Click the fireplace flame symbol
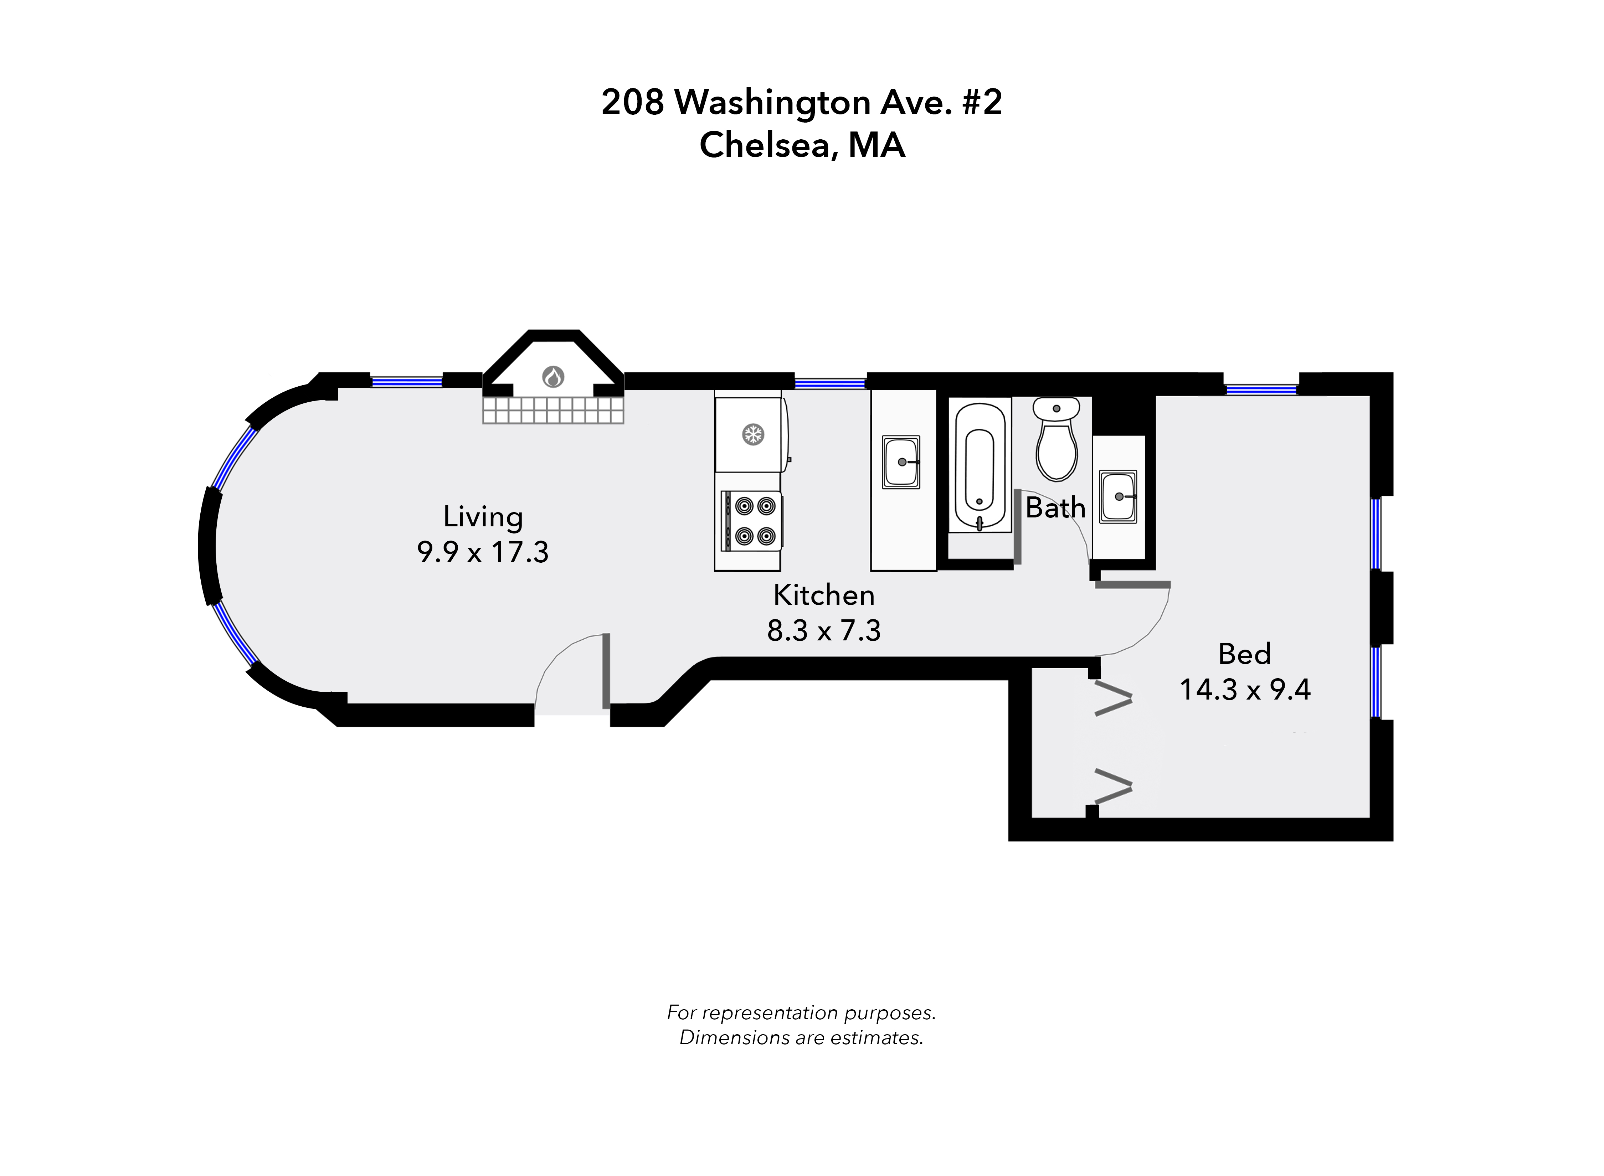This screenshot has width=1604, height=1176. [x=553, y=377]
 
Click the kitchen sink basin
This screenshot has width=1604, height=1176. [x=901, y=462]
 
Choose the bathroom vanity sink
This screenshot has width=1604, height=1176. [x=1119, y=496]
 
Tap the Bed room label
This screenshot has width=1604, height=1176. [x=1244, y=654]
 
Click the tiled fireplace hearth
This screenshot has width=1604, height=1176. [x=553, y=411]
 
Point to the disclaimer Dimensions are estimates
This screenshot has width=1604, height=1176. [x=802, y=1038]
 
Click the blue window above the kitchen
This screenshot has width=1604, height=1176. [x=830, y=383]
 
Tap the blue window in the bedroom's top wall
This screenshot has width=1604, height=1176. [x=1261, y=390]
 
